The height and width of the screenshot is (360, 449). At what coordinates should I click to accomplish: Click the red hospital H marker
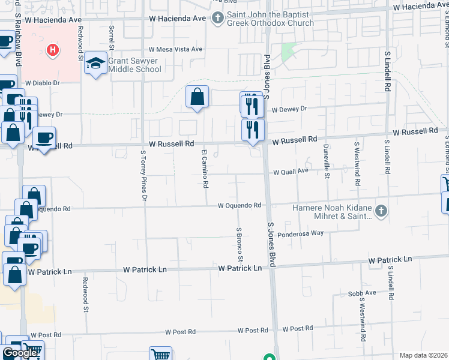[53, 50]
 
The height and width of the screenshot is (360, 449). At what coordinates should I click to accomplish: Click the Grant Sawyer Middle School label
[134, 65]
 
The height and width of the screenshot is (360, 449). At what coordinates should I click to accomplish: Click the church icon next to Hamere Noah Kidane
[380, 211]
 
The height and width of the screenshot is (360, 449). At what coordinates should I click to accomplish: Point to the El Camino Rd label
[205, 168]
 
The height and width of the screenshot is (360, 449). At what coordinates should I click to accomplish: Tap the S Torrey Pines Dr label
[143, 175]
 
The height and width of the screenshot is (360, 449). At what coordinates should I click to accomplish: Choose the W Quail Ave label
[291, 171]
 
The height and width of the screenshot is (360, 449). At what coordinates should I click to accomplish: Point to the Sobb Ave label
[361, 293]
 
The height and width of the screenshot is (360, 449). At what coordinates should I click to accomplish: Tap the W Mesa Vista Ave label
[175, 49]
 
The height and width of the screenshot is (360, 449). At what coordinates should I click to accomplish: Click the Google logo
[20, 353]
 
